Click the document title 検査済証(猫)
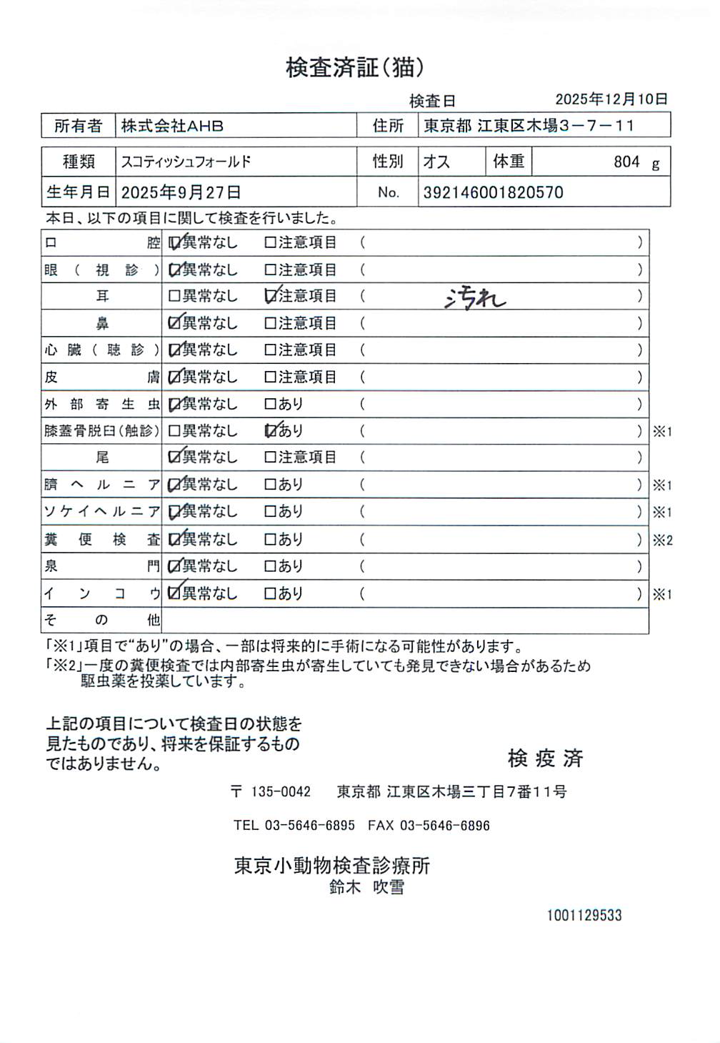(355, 67)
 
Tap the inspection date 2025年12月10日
(611, 99)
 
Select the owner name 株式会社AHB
(172, 126)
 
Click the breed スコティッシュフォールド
(186, 162)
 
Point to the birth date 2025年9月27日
(181, 192)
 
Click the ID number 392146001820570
(493, 192)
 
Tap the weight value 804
(626, 162)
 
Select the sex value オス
(436, 162)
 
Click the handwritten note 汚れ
(475, 297)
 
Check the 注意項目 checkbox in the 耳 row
(270, 296)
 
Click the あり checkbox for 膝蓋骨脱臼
(270, 430)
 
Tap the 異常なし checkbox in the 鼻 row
(174, 323)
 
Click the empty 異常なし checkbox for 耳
(174, 296)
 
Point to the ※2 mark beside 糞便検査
(662, 540)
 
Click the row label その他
(101, 620)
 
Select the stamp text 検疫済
(545, 758)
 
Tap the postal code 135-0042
(281, 791)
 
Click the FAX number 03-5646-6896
(444, 825)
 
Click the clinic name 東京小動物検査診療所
(332, 866)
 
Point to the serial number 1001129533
(584, 915)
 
